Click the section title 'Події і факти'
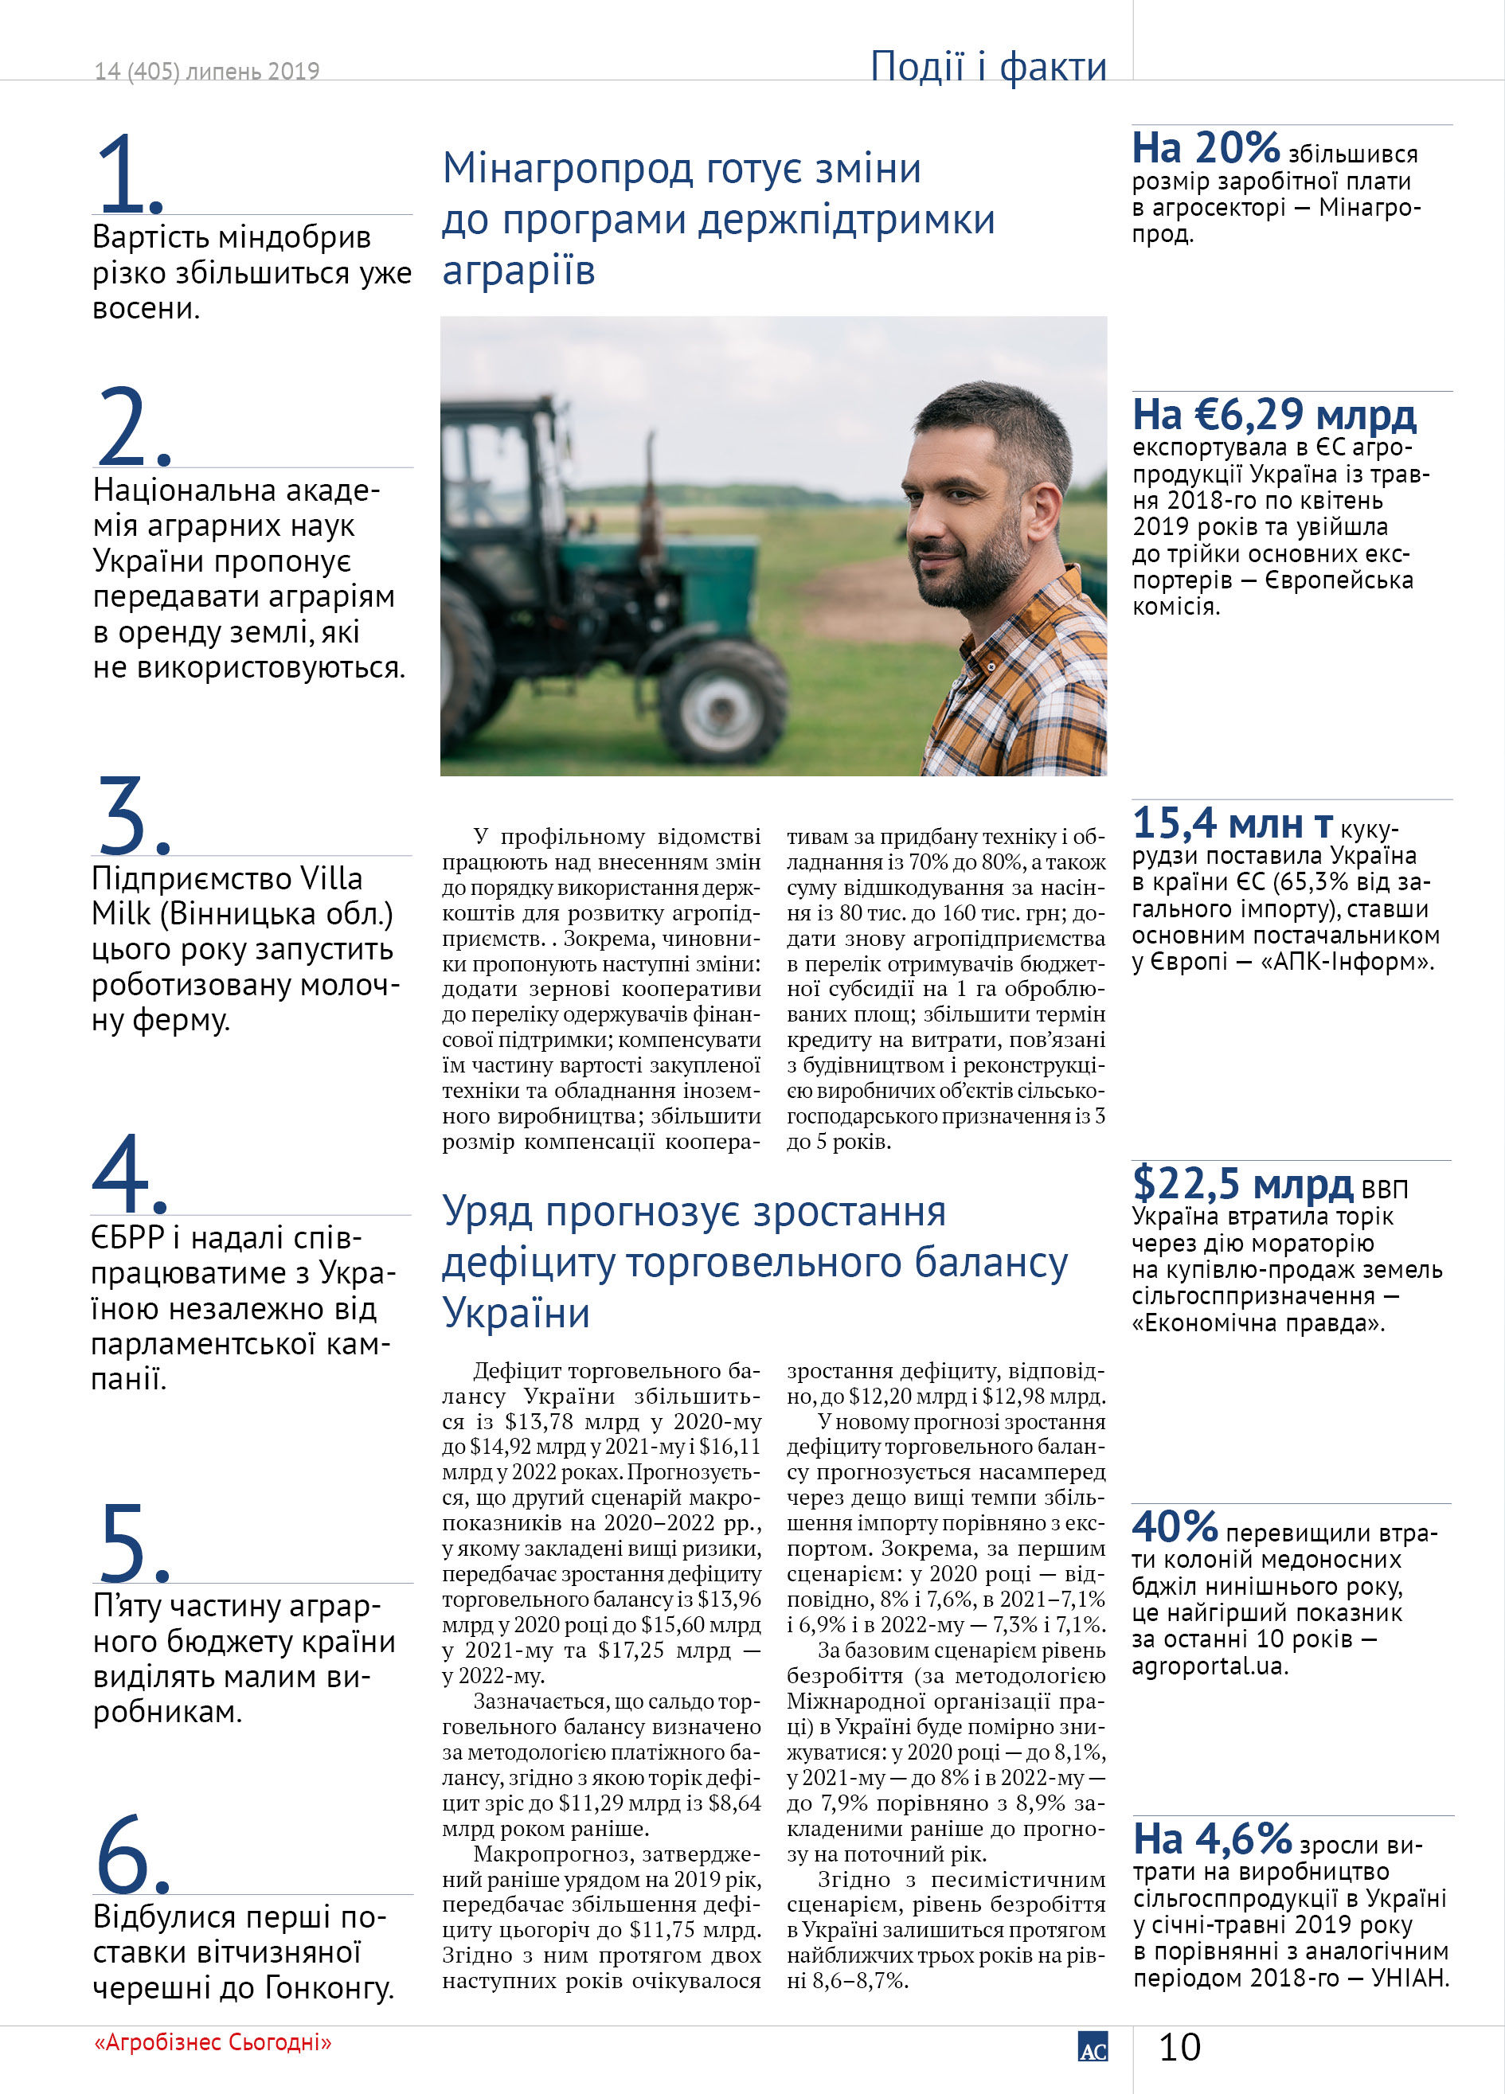tap(987, 66)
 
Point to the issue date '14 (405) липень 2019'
tap(207, 71)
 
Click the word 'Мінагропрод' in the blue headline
tap(567, 169)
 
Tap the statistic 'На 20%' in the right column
tap(1205, 148)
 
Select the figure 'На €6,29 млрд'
tap(1273, 415)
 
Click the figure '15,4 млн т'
tap(1232, 822)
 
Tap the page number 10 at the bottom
tap(1179, 2047)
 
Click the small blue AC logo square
tap(1093, 2046)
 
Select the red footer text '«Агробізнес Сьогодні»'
tap(213, 2041)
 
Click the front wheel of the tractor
tap(722, 701)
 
